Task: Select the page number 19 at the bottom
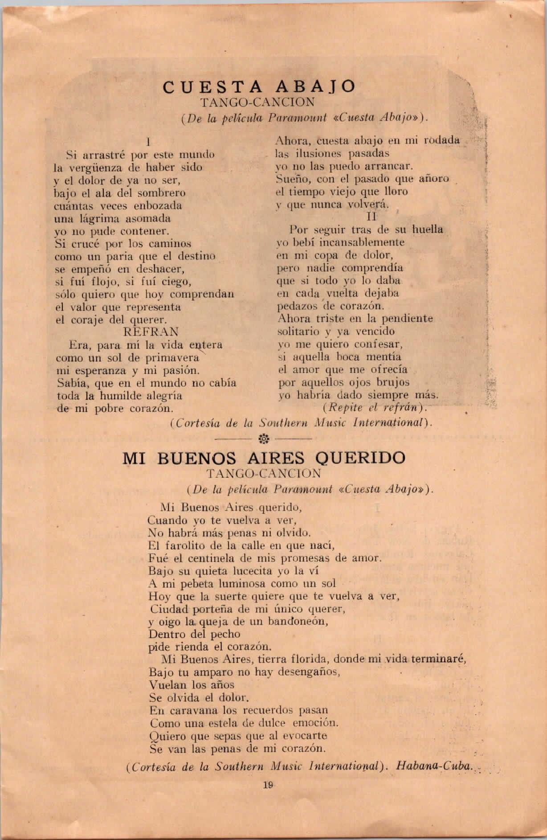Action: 268,786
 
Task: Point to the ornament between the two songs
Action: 263,439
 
